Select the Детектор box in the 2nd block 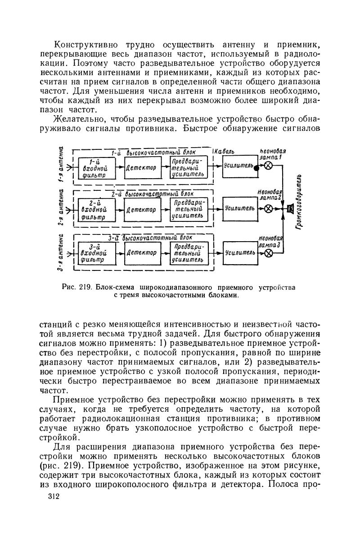(140, 168)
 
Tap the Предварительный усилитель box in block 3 (189, 254)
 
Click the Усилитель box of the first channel (238, 166)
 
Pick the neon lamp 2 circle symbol (269, 209)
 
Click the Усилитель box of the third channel (239, 253)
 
